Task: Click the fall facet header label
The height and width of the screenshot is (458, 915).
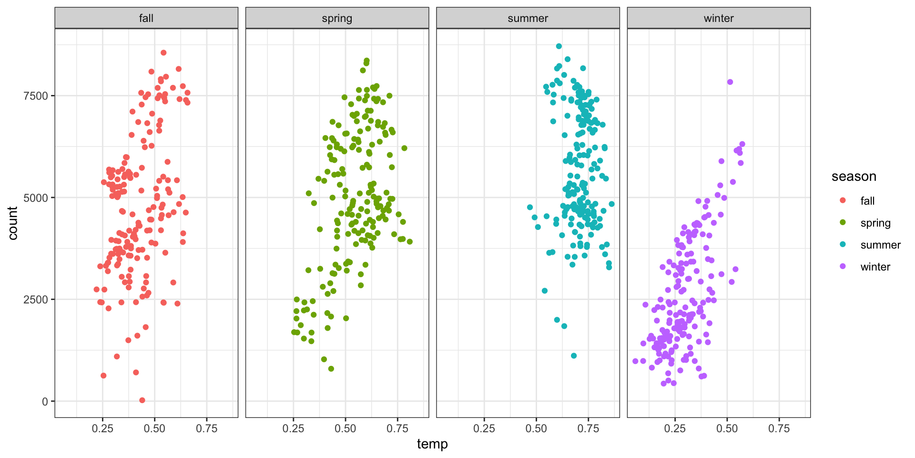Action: (146, 18)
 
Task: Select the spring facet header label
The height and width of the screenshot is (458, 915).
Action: (337, 18)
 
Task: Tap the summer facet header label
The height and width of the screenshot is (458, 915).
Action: (528, 18)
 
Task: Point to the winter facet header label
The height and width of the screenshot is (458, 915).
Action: (719, 18)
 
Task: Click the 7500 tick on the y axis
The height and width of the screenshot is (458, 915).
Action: (36, 96)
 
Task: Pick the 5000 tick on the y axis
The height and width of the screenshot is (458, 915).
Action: (36, 198)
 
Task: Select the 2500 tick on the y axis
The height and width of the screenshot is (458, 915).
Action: (36, 300)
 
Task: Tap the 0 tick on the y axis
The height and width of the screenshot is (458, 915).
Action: (45, 402)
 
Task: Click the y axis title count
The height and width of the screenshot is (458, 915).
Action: (13, 223)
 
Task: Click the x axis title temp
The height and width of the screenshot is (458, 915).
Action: (432, 444)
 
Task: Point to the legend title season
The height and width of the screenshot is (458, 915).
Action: (854, 177)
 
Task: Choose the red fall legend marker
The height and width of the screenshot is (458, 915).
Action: (843, 200)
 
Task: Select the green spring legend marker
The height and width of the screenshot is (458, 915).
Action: (843, 222)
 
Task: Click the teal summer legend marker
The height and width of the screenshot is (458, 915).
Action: (843, 244)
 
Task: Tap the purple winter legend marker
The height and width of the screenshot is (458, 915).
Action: (843, 266)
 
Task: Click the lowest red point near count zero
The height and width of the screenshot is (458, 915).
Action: (142, 400)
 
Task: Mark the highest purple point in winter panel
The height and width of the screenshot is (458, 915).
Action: (730, 82)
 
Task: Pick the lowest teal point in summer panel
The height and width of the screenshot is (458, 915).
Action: (574, 356)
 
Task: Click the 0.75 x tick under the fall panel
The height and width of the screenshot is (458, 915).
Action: (207, 428)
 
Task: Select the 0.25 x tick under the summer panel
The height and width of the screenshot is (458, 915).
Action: (484, 428)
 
